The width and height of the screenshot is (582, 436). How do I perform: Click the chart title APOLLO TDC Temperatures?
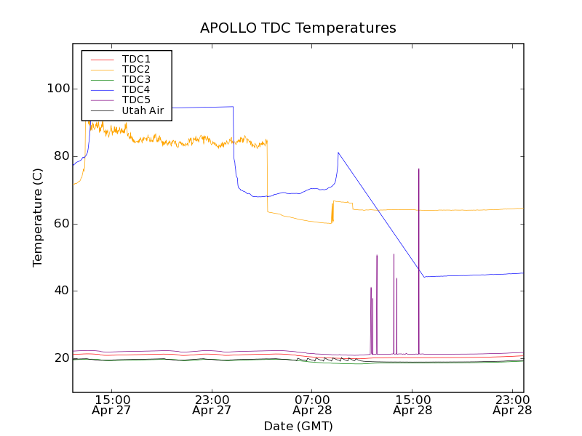click(x=298, y=28)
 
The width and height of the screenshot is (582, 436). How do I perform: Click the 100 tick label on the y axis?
click(x=58, y=89)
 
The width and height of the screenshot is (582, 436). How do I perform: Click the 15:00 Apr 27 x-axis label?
click(x=112, y=405)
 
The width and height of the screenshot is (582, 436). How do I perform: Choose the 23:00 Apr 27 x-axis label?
click(x=212, y=405)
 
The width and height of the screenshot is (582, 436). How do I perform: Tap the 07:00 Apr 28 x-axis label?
click(x=312, y=405)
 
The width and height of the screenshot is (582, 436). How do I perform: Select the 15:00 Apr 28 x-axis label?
click(x=412, y=405)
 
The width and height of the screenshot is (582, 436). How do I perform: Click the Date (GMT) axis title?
click(x=298, y=426)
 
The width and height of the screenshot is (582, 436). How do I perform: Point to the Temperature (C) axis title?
click(x=37, y=217)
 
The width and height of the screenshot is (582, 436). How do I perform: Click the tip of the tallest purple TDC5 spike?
click(x=419, y=169)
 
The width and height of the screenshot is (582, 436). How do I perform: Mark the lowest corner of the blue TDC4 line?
click(x=423, y=277)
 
